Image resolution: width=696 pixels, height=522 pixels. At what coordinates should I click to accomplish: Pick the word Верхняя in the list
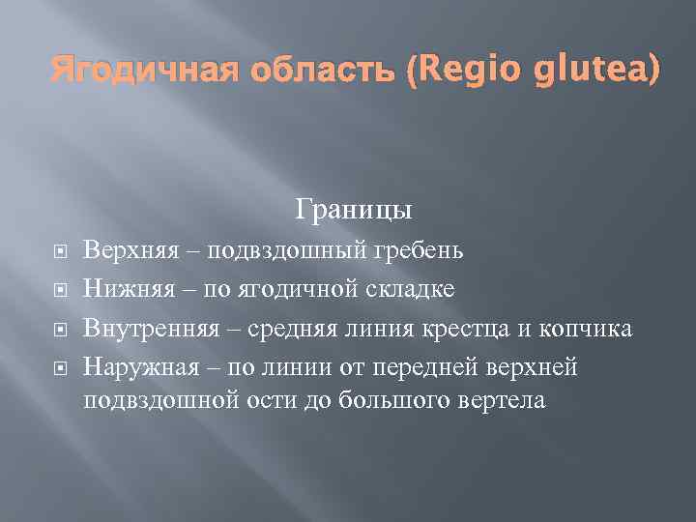pyautogui.click(x=126, y=250)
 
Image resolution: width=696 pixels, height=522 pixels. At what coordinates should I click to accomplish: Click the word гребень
pyautogui.click(x=419, y=250)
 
